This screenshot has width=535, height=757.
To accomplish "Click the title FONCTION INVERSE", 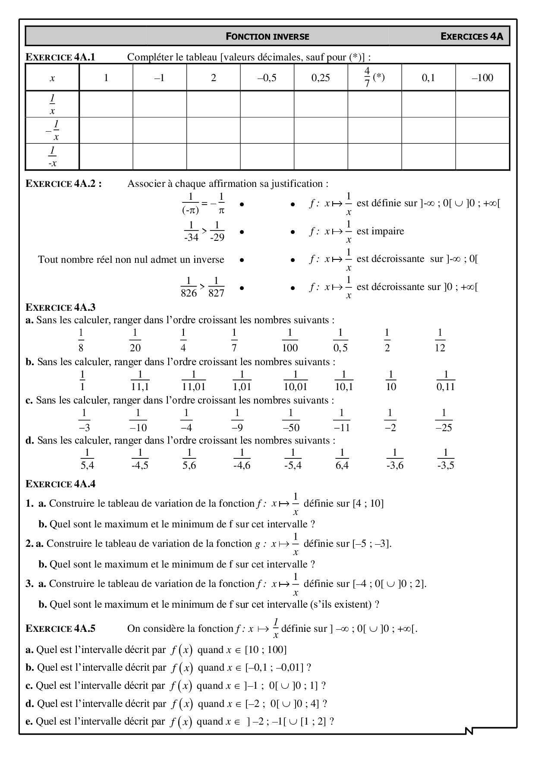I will point(267,37).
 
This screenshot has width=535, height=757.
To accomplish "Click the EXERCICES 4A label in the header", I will point(472,37).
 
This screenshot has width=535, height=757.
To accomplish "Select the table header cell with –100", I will point(482,78).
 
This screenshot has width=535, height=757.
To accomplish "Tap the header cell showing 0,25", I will point(321,78).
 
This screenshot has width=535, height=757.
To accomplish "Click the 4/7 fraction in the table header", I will point(367,78).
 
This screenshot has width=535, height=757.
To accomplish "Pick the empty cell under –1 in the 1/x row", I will point(160,104).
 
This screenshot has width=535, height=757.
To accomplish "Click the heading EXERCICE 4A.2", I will point(64,183).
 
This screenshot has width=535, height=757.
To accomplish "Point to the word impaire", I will point(381,231).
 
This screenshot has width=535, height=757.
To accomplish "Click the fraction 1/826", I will point(189,287).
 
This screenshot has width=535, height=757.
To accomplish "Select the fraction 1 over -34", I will point(191,231).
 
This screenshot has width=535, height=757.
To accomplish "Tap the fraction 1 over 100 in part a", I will point(290,340).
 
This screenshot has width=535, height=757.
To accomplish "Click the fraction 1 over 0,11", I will point(446,381).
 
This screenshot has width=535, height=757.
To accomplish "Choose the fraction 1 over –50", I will point(291,420).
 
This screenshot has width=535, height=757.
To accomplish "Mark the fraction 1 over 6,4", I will point(342,459).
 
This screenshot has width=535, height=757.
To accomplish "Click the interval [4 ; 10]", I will point(368,503).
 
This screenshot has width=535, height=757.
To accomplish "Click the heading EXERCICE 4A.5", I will point(60,628).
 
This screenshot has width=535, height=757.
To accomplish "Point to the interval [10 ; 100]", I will point(265,650).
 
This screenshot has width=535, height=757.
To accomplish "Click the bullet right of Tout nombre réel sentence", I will point(242,260).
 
